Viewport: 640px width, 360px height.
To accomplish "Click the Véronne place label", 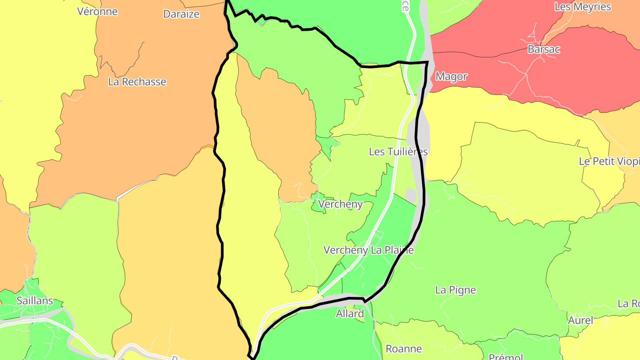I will [x=97, y=11].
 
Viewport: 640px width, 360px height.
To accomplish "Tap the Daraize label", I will [x=181, y=14].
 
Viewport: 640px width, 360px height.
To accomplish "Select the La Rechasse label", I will [x=137, y=82].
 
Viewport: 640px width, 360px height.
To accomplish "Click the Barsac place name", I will [x=544, y=49].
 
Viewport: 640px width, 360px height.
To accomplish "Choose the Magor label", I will [x=451, y=76].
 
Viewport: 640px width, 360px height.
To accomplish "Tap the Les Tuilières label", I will [x=398, y=152].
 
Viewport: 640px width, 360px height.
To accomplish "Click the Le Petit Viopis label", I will [x=609, y=161].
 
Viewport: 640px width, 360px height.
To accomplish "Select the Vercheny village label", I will [x=341, y=204].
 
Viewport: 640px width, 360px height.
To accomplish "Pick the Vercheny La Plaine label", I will [x=368, y=250].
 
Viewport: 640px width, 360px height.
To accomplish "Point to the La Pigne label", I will [x=455, y=290].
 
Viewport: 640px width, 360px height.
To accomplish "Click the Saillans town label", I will [x=35, y=300].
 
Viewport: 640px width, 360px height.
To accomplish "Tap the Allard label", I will [x=350, y=314].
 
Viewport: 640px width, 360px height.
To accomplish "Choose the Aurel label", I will [x=580, y=320].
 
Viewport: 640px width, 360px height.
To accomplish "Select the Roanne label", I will [x=404, y=349].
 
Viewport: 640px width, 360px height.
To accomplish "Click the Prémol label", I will [x=505, y=356].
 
